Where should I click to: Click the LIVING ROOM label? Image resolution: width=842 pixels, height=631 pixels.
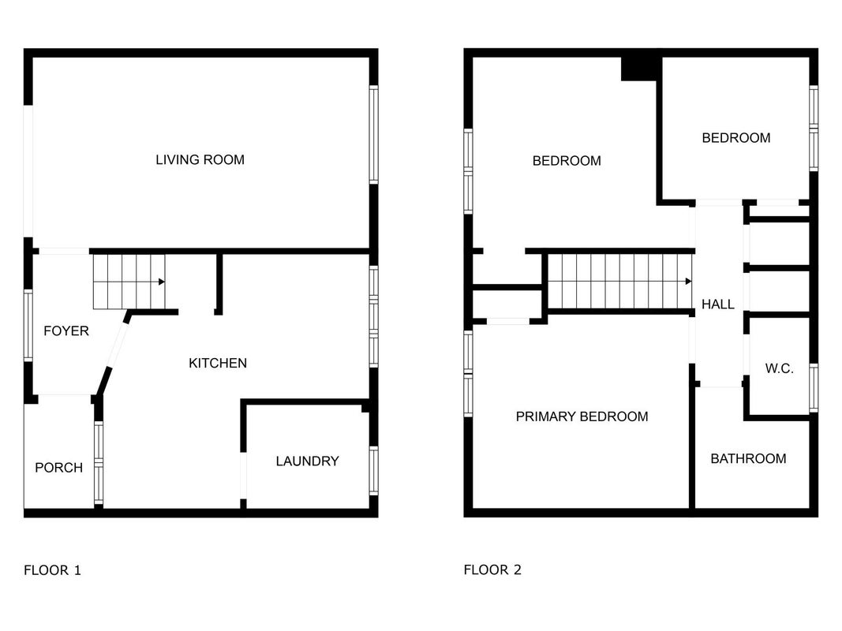click(200, 160)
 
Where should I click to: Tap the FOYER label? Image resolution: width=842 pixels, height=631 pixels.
click(66, 331)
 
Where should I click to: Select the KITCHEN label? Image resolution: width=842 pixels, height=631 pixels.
click(218, 364)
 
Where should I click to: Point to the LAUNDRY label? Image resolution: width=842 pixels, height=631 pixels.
click(307, 461)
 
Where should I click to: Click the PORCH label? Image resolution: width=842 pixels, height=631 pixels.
click(58, 468)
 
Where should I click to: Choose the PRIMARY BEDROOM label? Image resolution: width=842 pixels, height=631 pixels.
click(582, 417)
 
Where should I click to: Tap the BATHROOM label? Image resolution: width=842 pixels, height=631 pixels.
click(748, 459)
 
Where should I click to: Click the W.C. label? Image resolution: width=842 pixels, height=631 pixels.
click(779, 368)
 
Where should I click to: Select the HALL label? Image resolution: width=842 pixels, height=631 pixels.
click(717, 304)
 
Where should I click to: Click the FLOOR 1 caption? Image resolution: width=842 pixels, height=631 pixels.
click(52, 570)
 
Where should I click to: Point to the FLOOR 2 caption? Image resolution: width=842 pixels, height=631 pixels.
click(492, 569)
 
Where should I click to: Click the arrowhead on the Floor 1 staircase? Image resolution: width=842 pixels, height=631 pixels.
click(162, 282)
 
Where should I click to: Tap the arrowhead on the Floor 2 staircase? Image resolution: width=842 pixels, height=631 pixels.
click(688, 281)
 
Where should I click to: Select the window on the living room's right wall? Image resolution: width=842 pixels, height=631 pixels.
click(374, 135)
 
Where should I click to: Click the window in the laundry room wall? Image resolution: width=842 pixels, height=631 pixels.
click(374, 471)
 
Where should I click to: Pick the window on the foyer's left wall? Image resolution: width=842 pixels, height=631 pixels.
click(28, 325)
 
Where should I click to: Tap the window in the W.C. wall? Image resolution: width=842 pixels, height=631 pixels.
click(814, 388)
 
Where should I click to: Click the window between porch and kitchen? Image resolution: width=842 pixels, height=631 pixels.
click(99, 463)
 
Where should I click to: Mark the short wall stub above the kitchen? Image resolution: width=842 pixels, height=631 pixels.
click(219, 284)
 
